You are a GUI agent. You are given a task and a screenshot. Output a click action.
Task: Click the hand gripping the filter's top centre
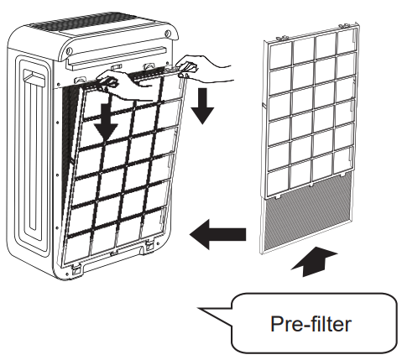[117, 80]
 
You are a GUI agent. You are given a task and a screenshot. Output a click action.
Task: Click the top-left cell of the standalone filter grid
[284, 51]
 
